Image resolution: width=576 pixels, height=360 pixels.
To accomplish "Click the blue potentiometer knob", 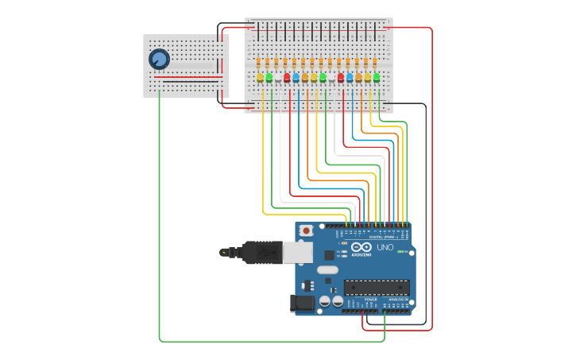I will click(159, 59).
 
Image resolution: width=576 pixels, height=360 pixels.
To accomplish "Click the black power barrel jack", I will click(303, 303).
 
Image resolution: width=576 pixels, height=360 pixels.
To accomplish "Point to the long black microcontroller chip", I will click(377, 288).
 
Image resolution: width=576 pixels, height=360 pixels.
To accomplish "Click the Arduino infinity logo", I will click(361, 247).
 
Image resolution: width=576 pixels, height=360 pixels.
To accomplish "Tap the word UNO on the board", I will click(385, 247).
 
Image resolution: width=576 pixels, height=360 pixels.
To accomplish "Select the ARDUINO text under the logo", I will click(361, 255).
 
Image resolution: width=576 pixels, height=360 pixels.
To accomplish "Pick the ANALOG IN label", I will click(396, 299).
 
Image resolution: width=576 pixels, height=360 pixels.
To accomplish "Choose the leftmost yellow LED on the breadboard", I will click(260, 77).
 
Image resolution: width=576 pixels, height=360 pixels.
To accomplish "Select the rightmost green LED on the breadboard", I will click(376, 77).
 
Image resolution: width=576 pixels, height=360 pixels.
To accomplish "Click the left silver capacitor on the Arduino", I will click(325, 301).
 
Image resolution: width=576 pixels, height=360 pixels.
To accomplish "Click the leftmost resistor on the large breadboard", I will click(259, 62).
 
